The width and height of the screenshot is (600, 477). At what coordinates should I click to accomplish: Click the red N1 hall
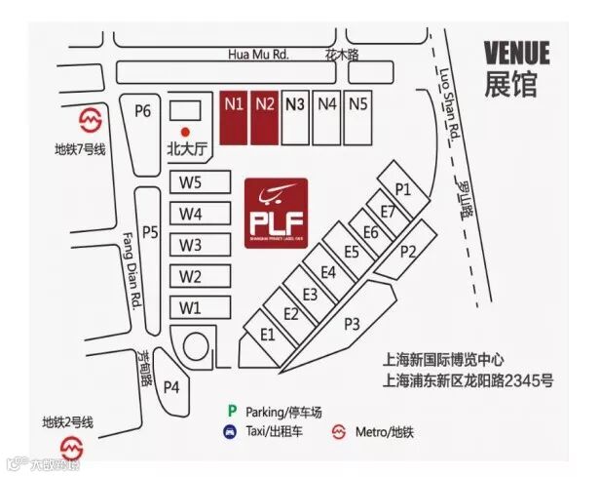[x=232, y=117]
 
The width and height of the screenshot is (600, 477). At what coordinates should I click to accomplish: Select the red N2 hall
[x=265, y=117]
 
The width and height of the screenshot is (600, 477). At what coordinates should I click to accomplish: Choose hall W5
[x=190, y=182]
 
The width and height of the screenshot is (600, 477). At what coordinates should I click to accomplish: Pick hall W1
[x=190, y=307]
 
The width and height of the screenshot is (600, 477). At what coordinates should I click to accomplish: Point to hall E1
[x=269, y=335]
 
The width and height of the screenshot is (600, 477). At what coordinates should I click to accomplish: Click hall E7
[x=389, y=212]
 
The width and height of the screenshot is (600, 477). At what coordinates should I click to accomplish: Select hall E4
[x=327, y=272]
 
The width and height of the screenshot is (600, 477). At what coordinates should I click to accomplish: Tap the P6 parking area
[x=142, y=111]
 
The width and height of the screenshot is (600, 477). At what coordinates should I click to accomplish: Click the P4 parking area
[x=171, y=386]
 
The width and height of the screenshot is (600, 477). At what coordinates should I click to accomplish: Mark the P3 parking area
[x=352, y=324]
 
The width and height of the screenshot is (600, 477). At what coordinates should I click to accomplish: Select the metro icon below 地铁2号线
[x=70, y=448]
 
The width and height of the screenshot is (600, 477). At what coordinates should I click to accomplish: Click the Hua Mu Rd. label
[x=256, y=55]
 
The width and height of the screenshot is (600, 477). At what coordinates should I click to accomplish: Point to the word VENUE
[x=517, y=52]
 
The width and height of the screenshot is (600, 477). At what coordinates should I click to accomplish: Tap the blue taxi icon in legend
[x=228, y=430]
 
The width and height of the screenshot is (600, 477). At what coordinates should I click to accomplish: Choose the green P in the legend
[x=231, y=411]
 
